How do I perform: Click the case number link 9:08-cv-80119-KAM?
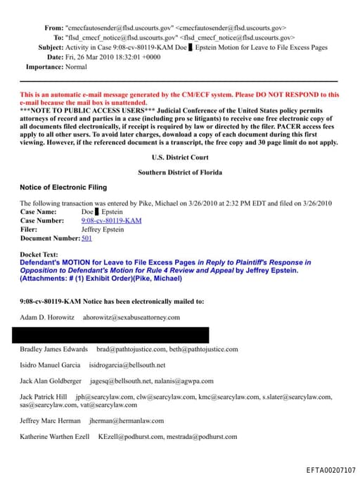tap(111, 220)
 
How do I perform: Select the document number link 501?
tap(86, 238)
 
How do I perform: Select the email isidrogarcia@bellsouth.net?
tap(127, 365)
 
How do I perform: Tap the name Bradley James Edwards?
tap(53, 349)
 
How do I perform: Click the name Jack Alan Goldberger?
tap(51, 381)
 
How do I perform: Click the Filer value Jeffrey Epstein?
tap(103, 229)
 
